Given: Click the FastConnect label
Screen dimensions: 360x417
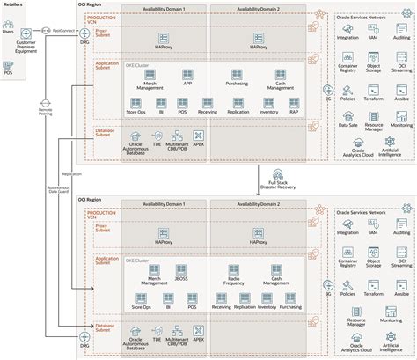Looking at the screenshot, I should point(62,30).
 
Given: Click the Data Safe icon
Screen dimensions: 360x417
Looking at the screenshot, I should point(346,116).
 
